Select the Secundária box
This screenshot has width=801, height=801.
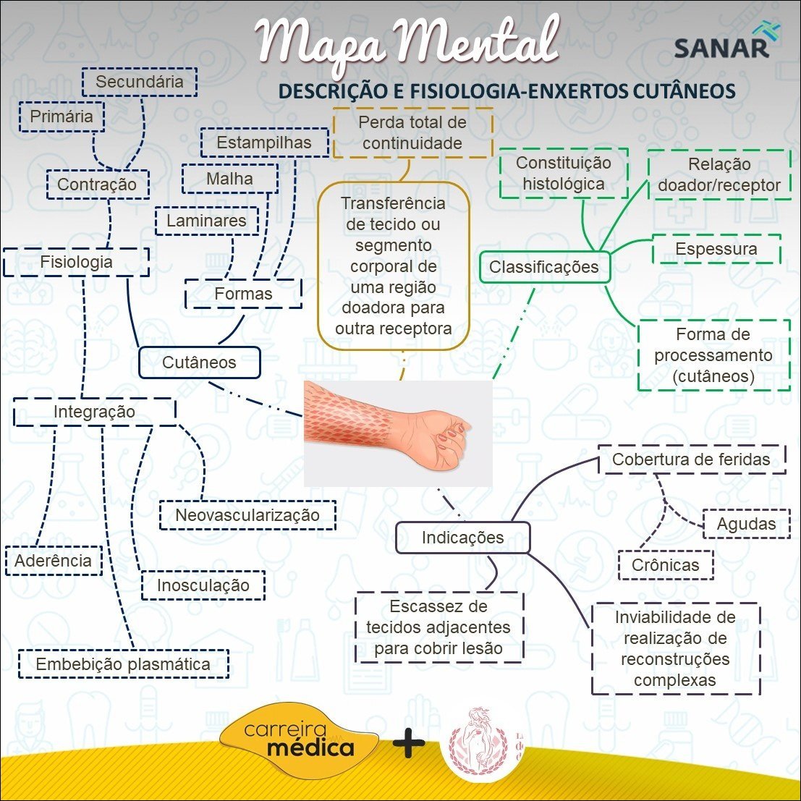(139, 82)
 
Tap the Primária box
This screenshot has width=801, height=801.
(62, 116)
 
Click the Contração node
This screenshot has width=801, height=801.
(97, 185)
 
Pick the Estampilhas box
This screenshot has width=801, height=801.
(264, 143)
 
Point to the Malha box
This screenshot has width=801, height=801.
(229, 179)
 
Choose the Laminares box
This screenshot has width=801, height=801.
(207, 221)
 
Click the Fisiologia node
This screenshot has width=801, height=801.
(76, 262)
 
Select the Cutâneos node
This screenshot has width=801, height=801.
(199, 363)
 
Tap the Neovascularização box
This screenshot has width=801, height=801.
(247, 515)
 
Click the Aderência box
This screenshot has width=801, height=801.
(54, 561)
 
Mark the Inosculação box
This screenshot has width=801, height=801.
(203, 585)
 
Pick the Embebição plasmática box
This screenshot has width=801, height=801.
(124, 664)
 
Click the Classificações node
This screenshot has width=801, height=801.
(544, 267)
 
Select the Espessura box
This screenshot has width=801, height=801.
(716, 250)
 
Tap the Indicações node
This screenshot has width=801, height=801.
(463, 538)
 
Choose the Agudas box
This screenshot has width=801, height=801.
(746, 524)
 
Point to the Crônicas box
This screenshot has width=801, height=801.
(666, 565)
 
